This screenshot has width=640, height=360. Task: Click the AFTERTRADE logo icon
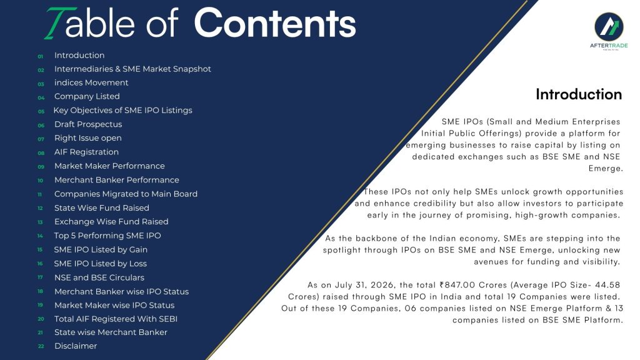point(609,26)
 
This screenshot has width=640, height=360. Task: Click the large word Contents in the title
point(275,23)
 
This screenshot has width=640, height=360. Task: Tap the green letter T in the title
point(59,23)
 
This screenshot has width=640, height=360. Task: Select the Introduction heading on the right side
point(579,94)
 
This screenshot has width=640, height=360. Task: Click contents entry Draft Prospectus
point(88,124)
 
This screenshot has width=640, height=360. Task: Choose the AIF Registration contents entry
point(86,152)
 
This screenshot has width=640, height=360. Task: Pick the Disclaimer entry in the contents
point(76,346)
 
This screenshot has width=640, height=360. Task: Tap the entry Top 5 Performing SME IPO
point(107,236)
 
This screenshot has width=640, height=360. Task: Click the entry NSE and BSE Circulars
point(99,277)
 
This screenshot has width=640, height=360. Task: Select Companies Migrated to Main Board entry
point(126,194)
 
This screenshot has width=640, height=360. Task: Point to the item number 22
point(41,346)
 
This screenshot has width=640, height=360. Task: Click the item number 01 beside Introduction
point(41,56)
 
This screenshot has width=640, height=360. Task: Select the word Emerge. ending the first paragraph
point(606,169)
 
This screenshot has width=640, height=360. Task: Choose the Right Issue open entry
point(87,138)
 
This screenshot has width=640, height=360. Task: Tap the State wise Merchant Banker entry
point(111,332)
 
